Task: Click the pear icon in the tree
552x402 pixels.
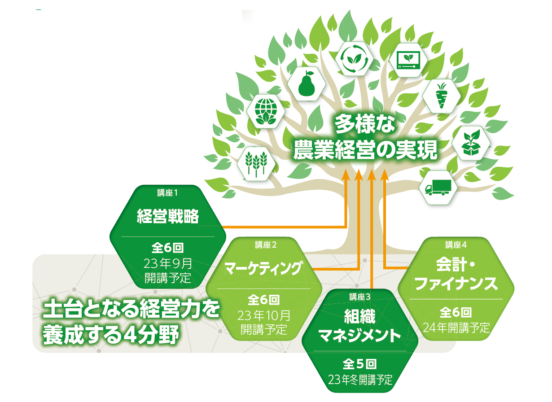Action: (307, 83)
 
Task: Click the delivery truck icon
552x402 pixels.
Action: (437, 187)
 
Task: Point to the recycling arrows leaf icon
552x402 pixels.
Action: (354, 59)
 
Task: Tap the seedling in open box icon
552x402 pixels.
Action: (471, 144)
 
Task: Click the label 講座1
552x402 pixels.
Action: (166, 193)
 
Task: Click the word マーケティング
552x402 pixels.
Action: (263, 268)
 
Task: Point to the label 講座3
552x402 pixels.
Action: (360, 296)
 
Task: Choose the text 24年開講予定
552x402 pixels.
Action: (456, 328)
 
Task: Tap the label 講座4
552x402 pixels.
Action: (456, 245)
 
